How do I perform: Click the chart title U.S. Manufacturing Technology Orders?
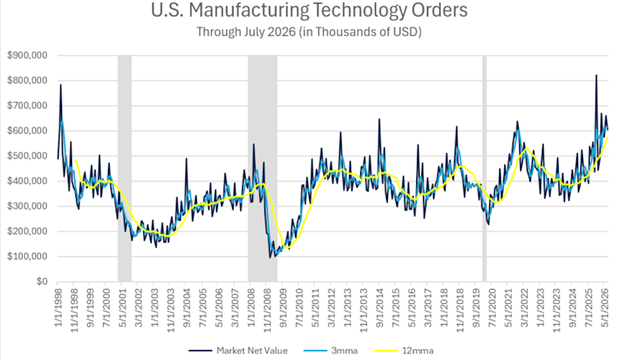pyautogui.click(x=309, y=11)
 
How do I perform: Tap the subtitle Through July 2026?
pyautogui.click(x=246, y=32)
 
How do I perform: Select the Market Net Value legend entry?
pyautogui.click(x=238, y=351)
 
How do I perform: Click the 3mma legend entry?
pyautogui.click(x=331, y=351)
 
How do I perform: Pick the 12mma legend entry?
pyautogui.click(x=403, y=351)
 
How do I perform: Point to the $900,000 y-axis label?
pyautogui.click(x=28, y=55)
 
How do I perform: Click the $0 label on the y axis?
pyautogui.click(x=42, y=281)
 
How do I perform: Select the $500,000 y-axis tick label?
pyautogui.click(x=28, y=156)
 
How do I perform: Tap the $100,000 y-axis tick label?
pyautogui.click(x=28, y=256)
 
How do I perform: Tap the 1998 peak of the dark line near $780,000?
pyautogui.click(x=60, y=85)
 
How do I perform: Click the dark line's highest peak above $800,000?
pyautogui.click(x=596, y=75)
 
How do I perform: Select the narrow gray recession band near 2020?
pyautogui.click(x=484, y=168)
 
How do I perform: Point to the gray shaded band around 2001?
pyautogui.click(x=125, y=168)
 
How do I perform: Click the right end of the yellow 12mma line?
pyautogui.click(x=608, y=137)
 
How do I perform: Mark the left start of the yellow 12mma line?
pyautogui.click(x=75, y=160)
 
